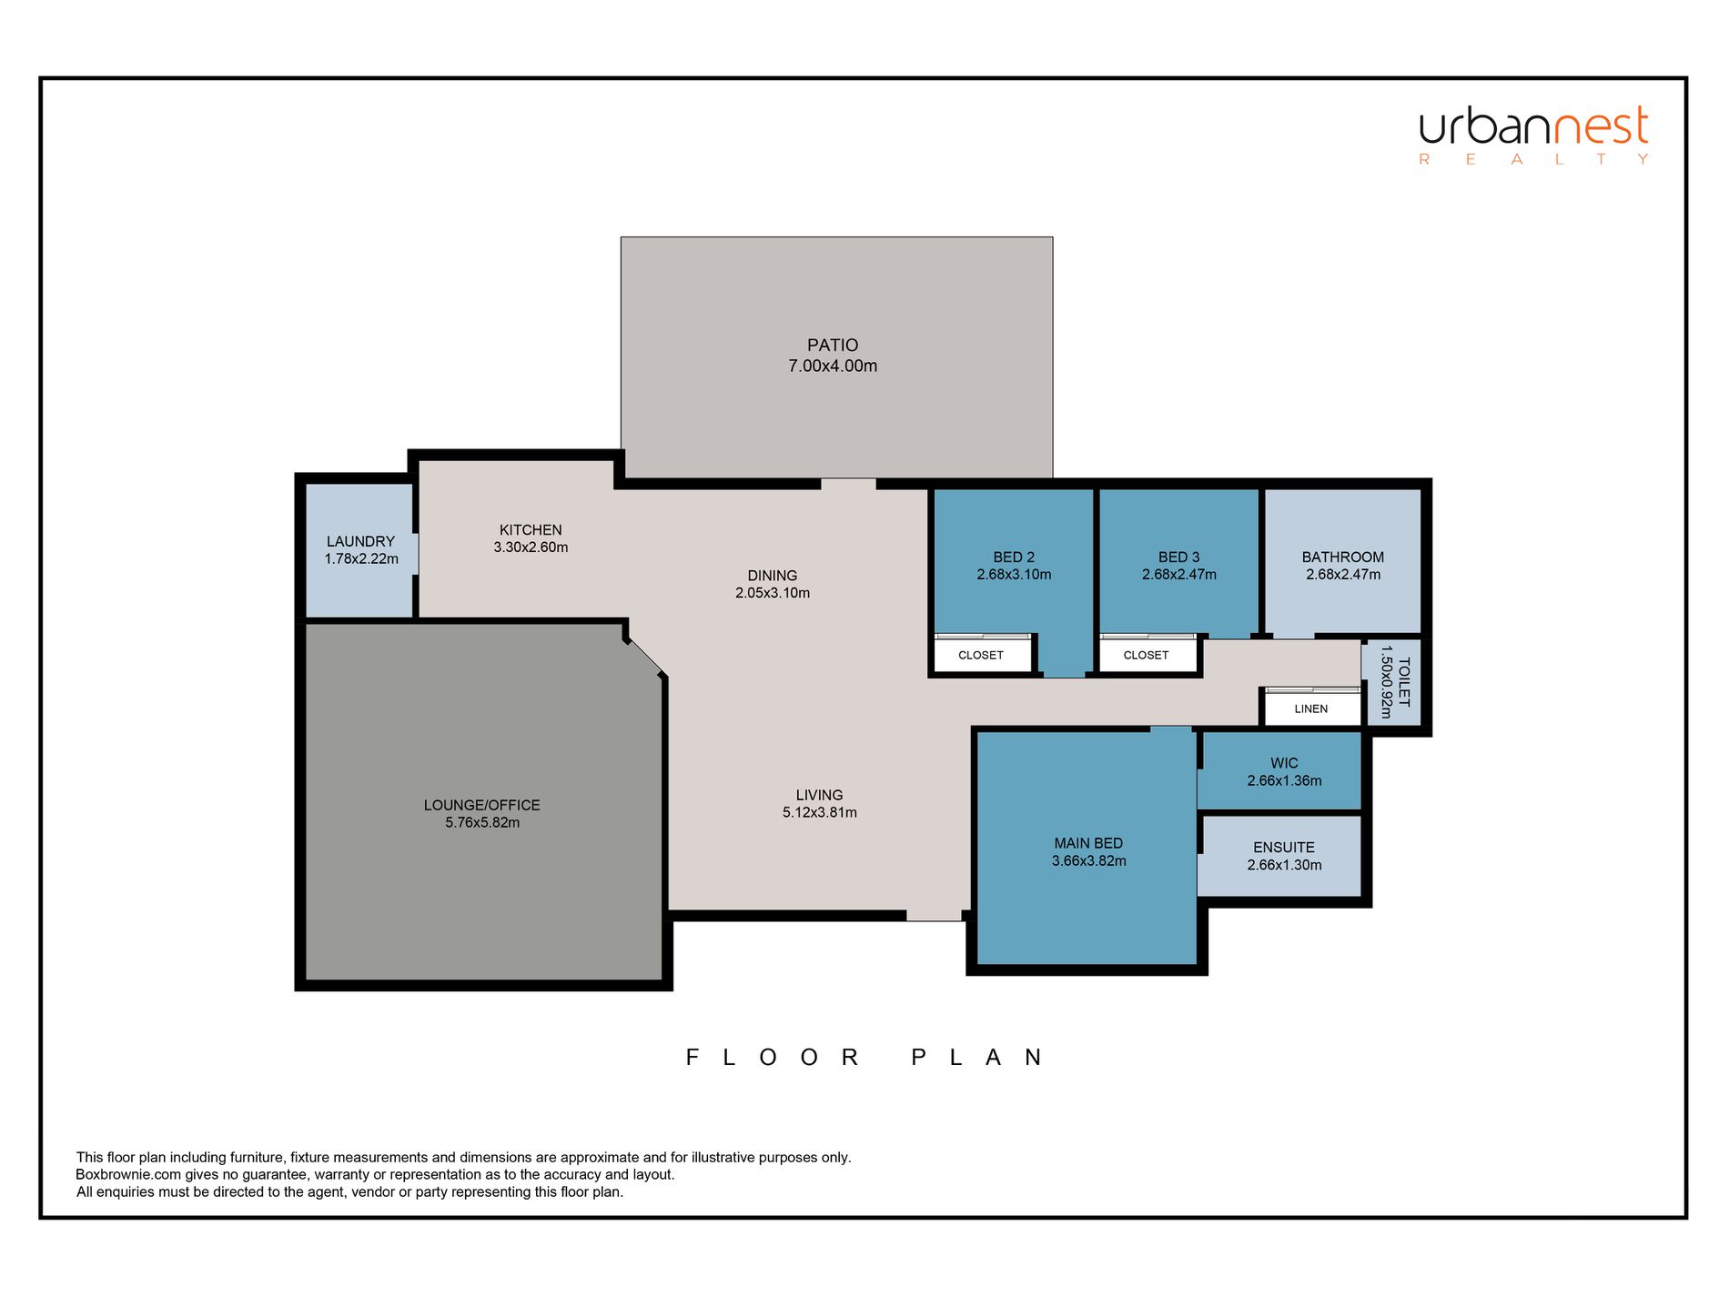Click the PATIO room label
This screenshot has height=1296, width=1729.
point(833,345)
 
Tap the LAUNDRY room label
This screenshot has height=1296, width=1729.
point(361,541)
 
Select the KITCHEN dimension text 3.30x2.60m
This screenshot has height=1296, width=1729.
point(531,548)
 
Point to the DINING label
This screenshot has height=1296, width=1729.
point(773,576)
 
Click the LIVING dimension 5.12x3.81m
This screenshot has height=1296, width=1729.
point(820,813)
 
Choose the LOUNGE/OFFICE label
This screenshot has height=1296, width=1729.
point(482,805)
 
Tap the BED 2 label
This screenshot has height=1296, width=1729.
point(1014,558)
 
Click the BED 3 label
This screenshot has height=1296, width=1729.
point(1179,558)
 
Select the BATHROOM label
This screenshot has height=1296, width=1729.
point(1343,558)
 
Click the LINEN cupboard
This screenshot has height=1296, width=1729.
point(1311,708)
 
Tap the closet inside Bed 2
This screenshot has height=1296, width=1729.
point(983,654)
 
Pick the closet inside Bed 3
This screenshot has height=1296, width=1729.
point(1148,654)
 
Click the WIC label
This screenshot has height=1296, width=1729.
point(1285,763)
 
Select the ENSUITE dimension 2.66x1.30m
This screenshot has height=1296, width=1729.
point(1285,865)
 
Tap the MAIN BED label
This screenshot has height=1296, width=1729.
point(1088,843)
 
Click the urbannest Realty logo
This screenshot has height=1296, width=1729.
point(1534,136)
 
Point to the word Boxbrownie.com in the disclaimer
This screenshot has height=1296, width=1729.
point(128,1175)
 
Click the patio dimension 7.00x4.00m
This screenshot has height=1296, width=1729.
point(833,367)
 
